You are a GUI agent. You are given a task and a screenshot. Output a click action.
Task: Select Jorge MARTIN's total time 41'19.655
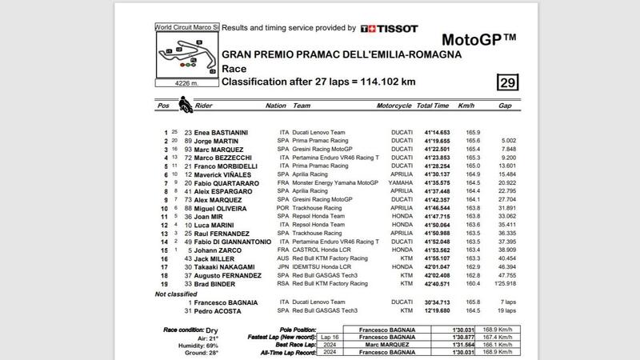(438, 140)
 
